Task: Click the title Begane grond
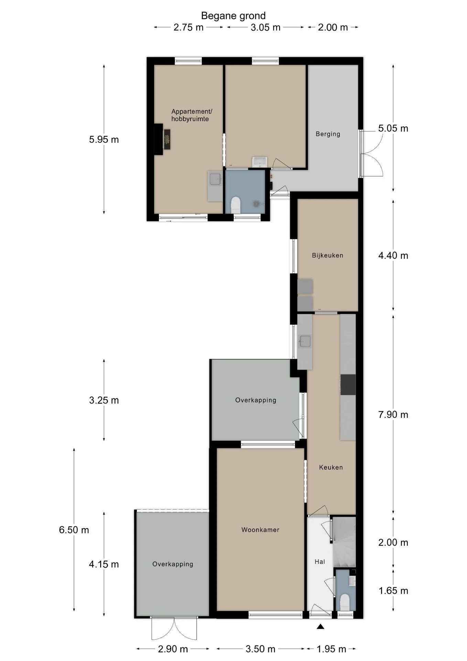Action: tap(233, 16)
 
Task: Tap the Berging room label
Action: tap(328, 134)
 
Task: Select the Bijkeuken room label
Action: tap(327, 255)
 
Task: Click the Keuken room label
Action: tap(331, 467)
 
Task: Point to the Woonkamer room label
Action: tap(260, 529)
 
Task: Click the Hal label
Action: tap(320, 562)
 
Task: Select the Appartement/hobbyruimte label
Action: tap(192, 115)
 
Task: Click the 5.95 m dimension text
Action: tap(104, 139)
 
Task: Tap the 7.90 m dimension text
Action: tap(393, 415)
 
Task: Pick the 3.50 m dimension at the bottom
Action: tap(260, 649)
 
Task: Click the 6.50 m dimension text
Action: tap(74, 529)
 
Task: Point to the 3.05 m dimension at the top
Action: tap(265, 27)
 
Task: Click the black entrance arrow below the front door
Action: tap(321, 626)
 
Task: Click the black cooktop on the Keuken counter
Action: tap(348, 385)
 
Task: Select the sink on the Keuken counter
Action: tap(305, 341)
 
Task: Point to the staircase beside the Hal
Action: tap(344, 542)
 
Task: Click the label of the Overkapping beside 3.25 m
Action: tap(256, 400)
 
